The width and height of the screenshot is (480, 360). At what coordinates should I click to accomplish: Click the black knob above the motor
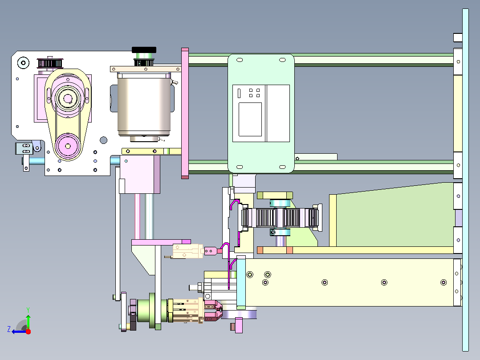[144, 49]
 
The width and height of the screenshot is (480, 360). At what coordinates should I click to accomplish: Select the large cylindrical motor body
[144, 104]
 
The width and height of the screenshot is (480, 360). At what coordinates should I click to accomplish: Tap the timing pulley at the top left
[50, 63]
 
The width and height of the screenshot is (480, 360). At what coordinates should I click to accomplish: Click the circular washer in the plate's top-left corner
[23, 63]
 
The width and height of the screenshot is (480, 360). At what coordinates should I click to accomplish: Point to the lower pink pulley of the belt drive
[68, 146]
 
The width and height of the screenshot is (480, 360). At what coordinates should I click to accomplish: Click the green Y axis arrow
[28, 318]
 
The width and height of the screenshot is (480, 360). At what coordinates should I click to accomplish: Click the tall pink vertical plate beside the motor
[185, 113]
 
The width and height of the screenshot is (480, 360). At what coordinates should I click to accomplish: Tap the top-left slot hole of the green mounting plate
[240, 60]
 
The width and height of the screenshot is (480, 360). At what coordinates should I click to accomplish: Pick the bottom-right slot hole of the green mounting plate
[283, 167]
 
